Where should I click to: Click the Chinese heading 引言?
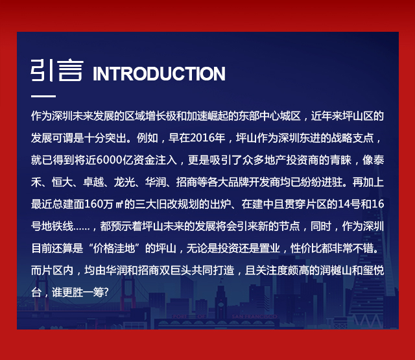click(57, 71)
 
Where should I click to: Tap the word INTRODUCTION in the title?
click(159, 73)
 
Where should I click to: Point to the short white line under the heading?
click(43, 96)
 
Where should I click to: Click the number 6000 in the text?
click(109, 160)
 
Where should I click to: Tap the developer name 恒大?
click(62, 182)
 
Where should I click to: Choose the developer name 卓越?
click(93, 182)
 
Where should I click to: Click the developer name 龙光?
click(124, 182)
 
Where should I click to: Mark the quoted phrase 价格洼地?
click(114, 248)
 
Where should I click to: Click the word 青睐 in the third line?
click(340, 160)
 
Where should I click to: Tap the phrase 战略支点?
click(353, 138)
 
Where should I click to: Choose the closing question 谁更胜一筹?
click(77, 293)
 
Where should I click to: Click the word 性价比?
click(306, 248)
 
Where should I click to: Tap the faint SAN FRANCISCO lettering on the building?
click(254, 317)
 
